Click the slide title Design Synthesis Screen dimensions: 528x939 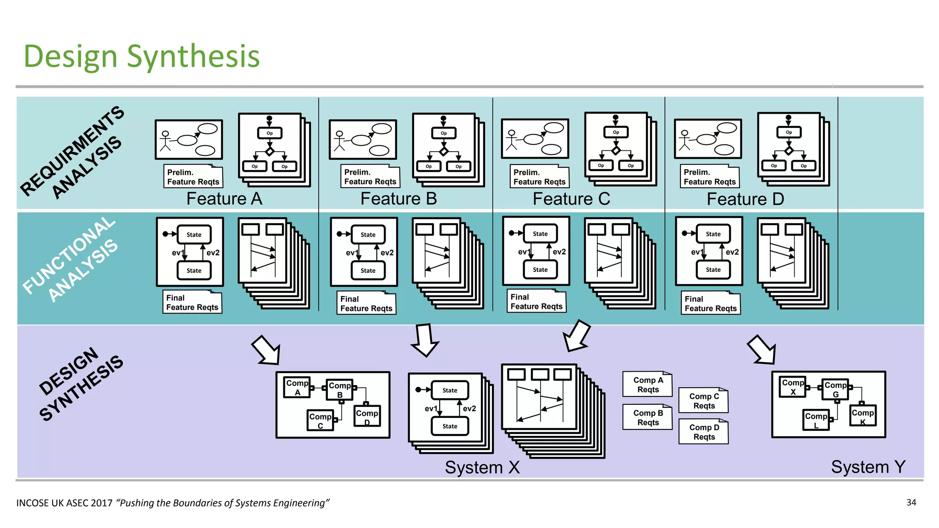142,56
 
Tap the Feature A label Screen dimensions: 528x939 224,199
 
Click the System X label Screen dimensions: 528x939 482,467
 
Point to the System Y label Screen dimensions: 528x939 868,467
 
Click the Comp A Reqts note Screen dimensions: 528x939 647,385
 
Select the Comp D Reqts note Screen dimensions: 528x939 703,432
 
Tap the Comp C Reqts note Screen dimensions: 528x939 703,401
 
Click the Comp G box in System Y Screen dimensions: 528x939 835,389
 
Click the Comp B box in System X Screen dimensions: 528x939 339,390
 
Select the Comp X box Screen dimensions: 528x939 792,386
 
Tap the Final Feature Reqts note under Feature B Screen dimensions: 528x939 366,303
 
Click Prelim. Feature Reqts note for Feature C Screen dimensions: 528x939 539,177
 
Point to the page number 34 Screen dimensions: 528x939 911,502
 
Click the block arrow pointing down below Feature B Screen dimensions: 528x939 425,340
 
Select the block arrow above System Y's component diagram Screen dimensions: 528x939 762,350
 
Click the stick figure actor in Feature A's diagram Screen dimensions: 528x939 165,141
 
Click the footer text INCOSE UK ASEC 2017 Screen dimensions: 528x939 64,503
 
